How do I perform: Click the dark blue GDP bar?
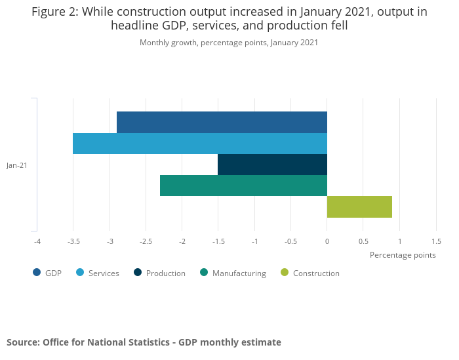click(x=222, y=122)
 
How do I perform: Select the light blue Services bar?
click(x=200, y=144)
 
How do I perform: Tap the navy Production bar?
click(x=272, y=165)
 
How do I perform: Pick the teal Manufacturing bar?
click(x=243, y=186)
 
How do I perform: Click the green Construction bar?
click(x=359, y=207)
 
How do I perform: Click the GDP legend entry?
click(x=47, y=273)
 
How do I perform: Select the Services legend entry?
click(x=98, y=273)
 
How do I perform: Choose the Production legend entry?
click(x=159, y=273)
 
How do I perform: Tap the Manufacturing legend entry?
click(x=233, y=273)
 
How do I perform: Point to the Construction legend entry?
click(x=309, y=273)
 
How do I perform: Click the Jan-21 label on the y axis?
click(x=17, y=165)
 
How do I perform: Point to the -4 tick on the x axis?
click(x=37, y=241)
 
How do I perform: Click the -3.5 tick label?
click(x=73, y=241)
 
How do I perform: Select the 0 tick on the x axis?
click(x=327, y=241)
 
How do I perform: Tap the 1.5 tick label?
click(x=435, y=241)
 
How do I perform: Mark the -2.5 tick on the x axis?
click(x=146, y=241)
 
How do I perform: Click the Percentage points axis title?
click(x=403, y=254)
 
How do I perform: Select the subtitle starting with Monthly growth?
click(x=229, y=43)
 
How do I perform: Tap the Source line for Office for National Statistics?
click(x=144, y=342)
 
